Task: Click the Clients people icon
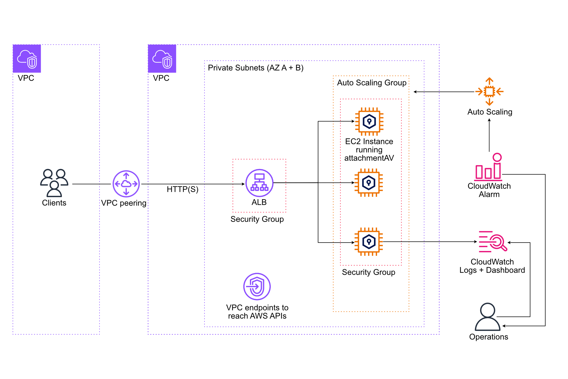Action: click(x=54, y=182)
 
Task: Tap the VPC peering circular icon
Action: click(x=126, y=184)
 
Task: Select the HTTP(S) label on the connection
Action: click(x=182, y=189)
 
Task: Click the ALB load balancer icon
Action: click(x=259, y=183)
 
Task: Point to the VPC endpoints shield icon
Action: click(x=257, y=286)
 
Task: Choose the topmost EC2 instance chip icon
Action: click(x=369, y=121)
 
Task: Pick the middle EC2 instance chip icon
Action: click(x=369, y=182)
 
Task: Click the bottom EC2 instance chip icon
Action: click(x=369, y=242)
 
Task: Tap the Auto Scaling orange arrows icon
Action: click(x=489, y=92)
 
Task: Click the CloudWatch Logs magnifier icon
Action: click(x=493, y=241)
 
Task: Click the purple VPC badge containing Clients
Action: click(x=27, y=59)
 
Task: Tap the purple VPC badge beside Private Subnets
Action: click(x=162, y=59)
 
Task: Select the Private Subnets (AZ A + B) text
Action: click(x=256, y=68)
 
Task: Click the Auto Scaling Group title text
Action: click(x=372, y=83)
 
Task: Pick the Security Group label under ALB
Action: click(x=257, y=219)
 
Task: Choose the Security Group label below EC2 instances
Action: click(x=368, y=272)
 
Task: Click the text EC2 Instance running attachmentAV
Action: click(x=369, y=150)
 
